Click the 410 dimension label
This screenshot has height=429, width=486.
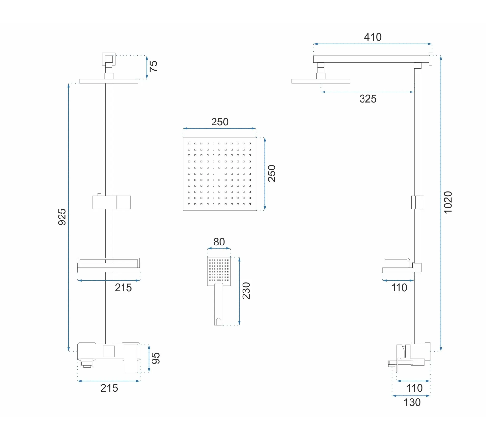pos(372,37)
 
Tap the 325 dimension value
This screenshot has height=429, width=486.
pos(368,99)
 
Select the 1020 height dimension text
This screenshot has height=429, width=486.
pos(448,202)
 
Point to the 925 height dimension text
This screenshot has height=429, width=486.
pos(62,217)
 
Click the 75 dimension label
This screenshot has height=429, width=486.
pos(153,66)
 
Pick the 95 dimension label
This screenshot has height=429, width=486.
pos(155,358)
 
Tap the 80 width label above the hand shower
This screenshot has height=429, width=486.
pos(219,242)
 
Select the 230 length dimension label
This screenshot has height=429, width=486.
pos(246,291)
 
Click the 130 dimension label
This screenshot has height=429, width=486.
pos(412,402)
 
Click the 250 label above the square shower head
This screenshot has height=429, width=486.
pos(220,122)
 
